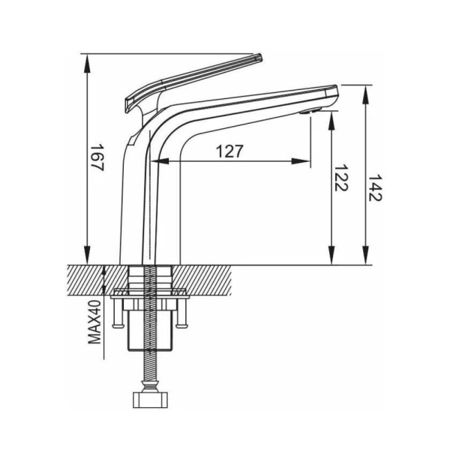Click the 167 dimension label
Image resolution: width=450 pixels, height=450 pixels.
coord(97,157)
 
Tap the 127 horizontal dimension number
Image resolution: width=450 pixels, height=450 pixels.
coord(229,151)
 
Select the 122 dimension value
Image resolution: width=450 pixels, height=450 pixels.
coord(341,178)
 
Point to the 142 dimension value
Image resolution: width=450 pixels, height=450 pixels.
coord(375,187)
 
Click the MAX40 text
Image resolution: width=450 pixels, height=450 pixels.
coord(94,322)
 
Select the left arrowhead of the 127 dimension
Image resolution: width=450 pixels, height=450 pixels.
coord(160,161)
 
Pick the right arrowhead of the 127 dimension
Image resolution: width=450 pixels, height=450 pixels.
coord(301,161)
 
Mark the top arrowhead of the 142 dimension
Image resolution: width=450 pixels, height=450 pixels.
coord(365,94)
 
